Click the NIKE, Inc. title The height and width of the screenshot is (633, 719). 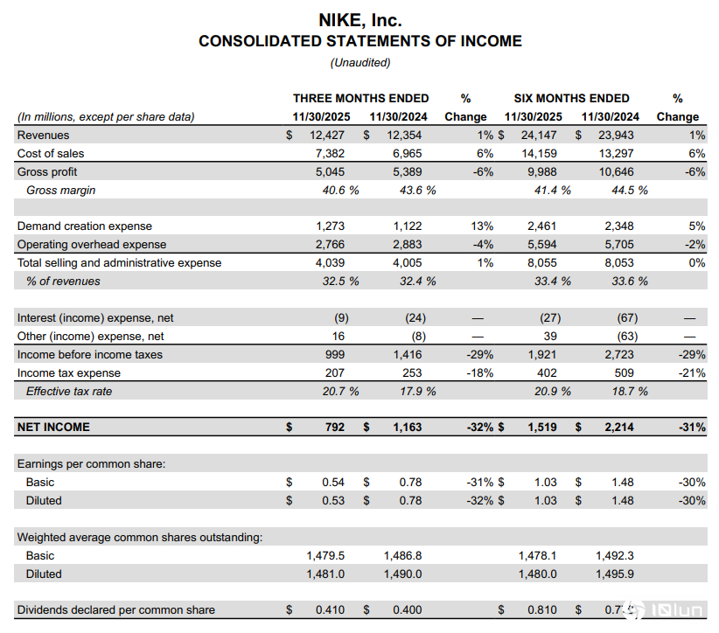click(x=359, y=20)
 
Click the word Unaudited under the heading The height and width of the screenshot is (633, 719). click(x=359, y=62)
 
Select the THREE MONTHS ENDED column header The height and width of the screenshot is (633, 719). click(x=360, y=98)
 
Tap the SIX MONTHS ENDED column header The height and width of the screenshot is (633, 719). click(x=572, y=98)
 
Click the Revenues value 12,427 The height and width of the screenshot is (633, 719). click(x=327, y=136)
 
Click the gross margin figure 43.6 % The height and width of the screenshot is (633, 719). click(x=406, y=191)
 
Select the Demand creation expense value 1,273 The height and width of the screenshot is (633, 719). click(x=330, y=226)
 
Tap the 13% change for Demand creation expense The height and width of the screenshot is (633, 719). click(x=481, y=226)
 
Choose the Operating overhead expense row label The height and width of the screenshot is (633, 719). click(x=92, y=245)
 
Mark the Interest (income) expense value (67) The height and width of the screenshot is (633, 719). click(x=626, y=318)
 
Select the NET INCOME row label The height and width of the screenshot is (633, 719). click(x=53, y=428)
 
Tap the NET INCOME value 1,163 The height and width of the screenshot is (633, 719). click(x=405, y=428)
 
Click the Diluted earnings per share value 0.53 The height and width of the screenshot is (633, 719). click(x=332, y=501)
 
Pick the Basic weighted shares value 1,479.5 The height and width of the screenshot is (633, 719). click(x=325, y=556)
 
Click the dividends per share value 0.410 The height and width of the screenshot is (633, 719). click(x=330, y=610)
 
